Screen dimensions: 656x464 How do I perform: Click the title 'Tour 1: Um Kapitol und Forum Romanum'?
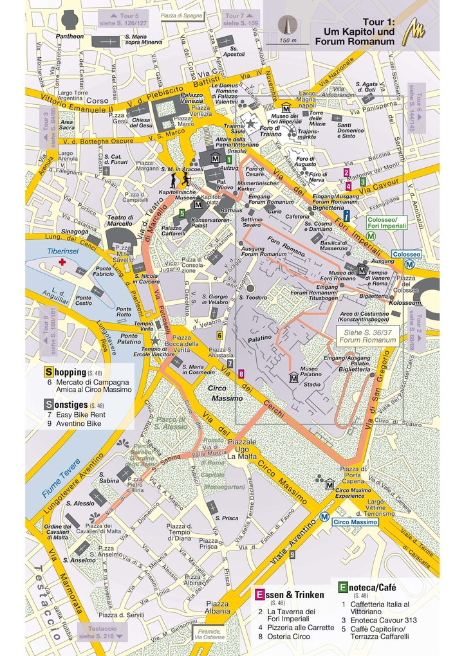tap(355, 32)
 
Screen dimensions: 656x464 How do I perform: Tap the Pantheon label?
tap(70, 37)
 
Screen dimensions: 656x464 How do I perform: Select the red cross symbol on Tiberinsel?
tap(62, 263)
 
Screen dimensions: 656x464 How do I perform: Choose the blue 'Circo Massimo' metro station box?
tap(355, 522)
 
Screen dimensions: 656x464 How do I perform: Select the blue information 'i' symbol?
tap(347, 215)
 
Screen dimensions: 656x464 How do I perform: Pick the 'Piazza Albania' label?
tap(217, 607)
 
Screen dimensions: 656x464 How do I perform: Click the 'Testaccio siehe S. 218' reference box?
tap(102, 632)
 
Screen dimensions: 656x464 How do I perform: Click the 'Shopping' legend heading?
tap(65, 372)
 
